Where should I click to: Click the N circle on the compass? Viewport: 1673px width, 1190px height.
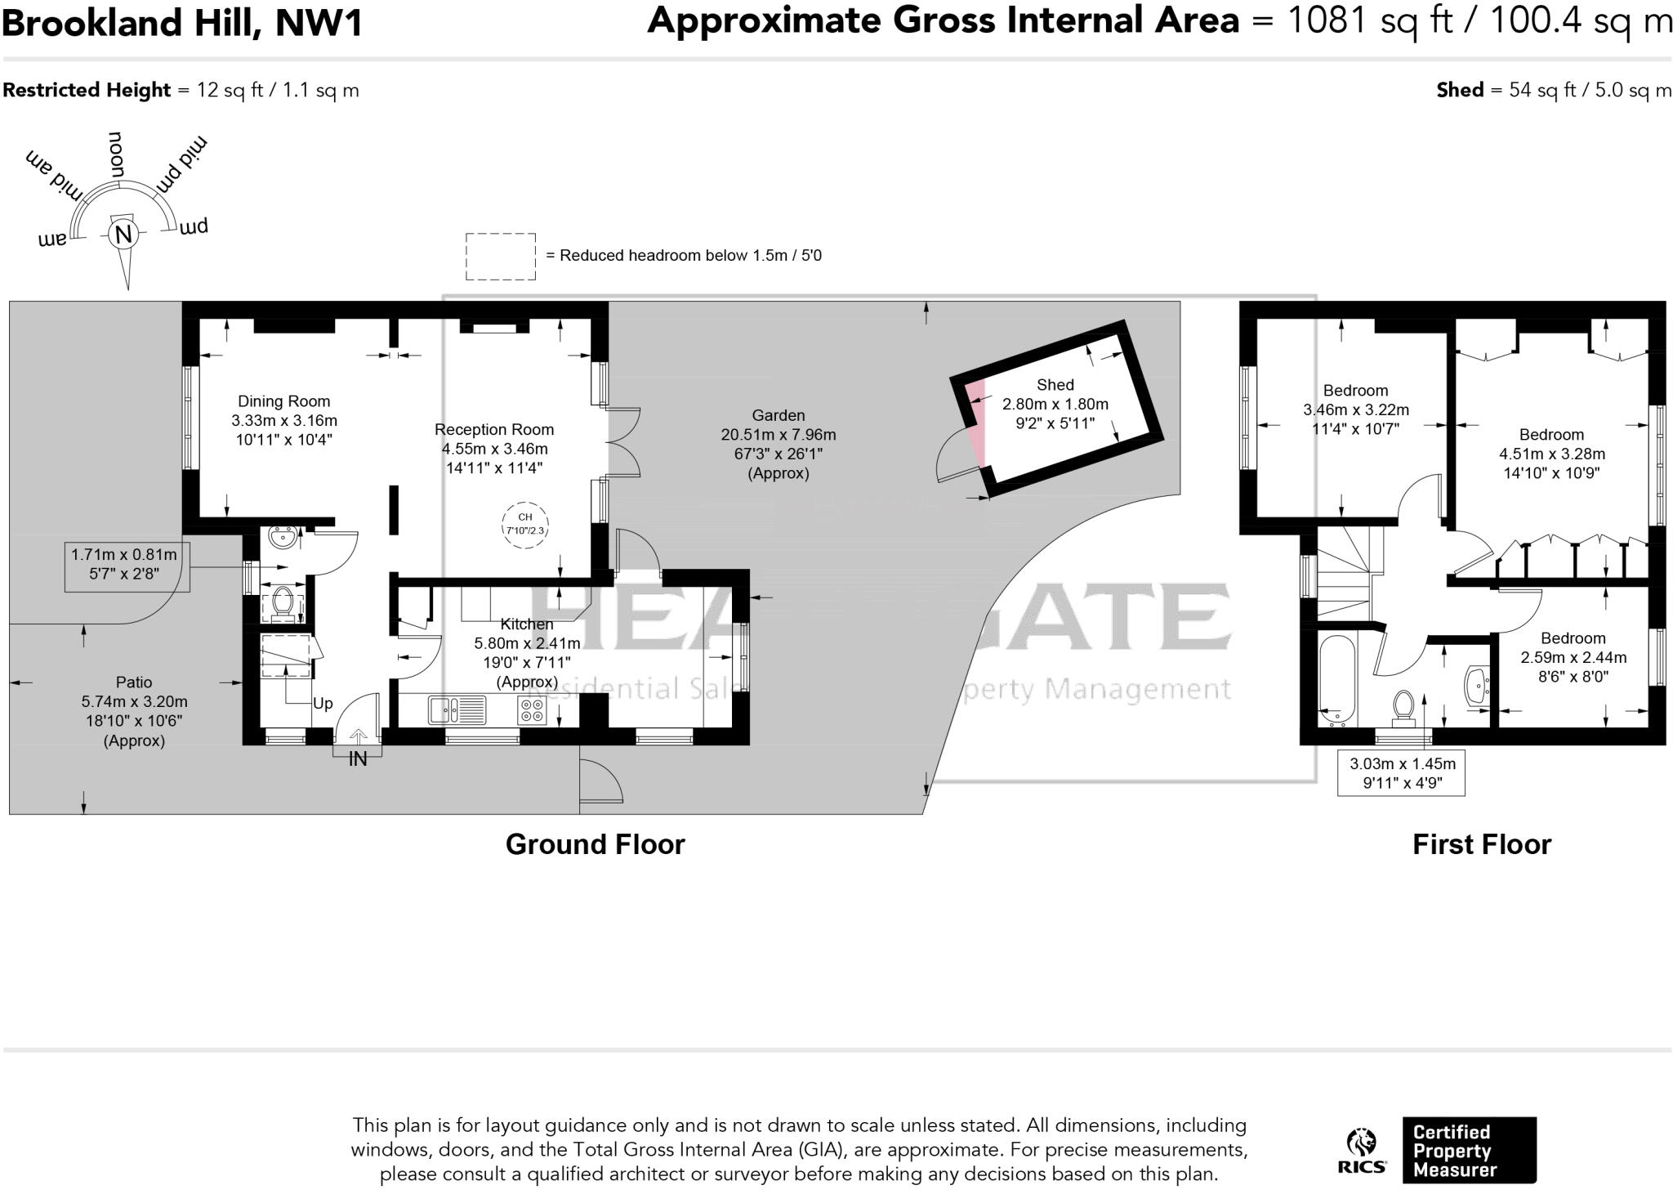[x=123, y=235]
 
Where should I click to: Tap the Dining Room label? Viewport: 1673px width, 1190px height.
[x=283, y=401]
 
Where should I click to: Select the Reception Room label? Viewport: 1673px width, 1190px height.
[x=493, y=429]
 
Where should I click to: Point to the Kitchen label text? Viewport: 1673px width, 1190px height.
[x=526, y=624]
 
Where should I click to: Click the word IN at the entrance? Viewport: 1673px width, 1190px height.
[x=358, y=759]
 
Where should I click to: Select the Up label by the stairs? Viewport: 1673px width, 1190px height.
[x=323, y=703]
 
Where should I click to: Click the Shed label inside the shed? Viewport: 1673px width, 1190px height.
[x=1055, y=384]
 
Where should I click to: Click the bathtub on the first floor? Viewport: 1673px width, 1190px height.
[x=1337, y=680]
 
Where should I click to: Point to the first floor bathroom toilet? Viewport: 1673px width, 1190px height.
[x=1403, y=707]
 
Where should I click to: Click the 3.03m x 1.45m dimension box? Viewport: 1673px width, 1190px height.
[x=1401, y=772]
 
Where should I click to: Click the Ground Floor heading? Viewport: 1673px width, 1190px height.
[x=595, y=844]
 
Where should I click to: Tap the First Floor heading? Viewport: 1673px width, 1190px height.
[x=1481, y=844]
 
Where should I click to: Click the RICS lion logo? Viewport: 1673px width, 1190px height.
[x=1361, y=1144]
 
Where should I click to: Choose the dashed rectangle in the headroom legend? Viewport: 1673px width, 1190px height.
[x=501, y=257]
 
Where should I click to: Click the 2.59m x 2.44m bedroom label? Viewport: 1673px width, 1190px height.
[x=1573, y=657]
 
